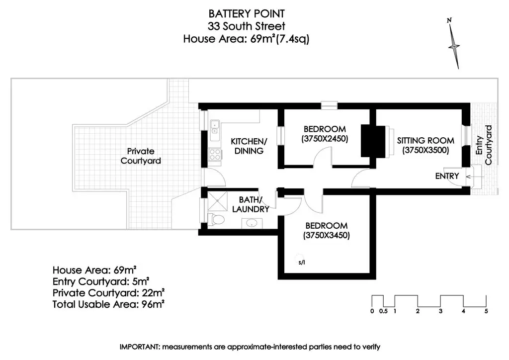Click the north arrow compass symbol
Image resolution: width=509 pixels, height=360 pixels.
pyautogui.click(x=455, y=45)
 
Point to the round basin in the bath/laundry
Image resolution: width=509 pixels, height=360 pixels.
pyautogui.click(x=252, y=222)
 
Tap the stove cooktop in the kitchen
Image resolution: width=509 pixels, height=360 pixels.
pyautogui.click(x=215, y=155)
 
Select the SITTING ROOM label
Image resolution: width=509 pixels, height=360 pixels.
pyautogui.click(x=425, y=140)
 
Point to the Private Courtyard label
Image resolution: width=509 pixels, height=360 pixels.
pyautogui.click(x=141, y=156)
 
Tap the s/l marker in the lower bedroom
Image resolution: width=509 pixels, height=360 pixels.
pyautogui.click(x=302, y=262)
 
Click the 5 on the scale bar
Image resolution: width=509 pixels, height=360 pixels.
pyautogui.click(x=486, y=312)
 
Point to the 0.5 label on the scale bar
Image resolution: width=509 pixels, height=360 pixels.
pyautogui.click(x=383, y=312)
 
